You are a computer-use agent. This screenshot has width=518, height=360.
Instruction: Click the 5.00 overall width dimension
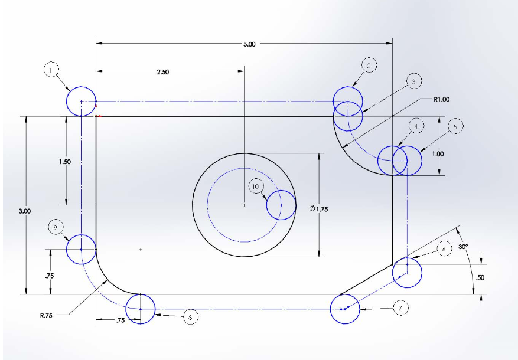click(x=249, y=44)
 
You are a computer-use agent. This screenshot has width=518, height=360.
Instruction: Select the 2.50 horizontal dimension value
click(x=162, y=72)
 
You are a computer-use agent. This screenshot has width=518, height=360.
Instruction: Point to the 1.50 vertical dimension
click(x=66, y=162)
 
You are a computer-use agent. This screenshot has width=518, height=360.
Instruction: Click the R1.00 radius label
click(x=441, y=100)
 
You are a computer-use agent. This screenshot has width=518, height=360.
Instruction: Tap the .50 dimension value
click(x=480, y=277)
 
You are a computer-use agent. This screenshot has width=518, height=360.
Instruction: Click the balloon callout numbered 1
click(x=51, y=70)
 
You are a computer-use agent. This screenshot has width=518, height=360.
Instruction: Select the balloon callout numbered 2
click(x=368, y=66)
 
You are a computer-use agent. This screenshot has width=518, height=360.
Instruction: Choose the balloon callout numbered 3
click(x=413, y=81)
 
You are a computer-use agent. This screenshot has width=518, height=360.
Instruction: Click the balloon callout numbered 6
click(x=444, y=249)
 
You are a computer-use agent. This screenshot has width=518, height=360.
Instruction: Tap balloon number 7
click(x=400, y=307)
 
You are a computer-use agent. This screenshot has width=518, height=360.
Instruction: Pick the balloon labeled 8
click(x=190, y=317)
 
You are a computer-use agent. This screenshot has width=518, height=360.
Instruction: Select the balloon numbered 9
click(x=54, y=227)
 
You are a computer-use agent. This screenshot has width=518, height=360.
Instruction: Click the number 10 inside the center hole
click(x=256, y=186)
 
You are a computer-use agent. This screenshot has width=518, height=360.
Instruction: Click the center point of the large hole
click(x=245, y=205)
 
